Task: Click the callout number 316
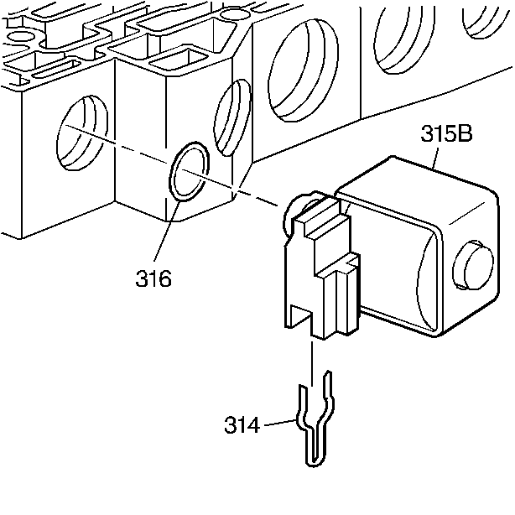153,278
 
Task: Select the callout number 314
242,424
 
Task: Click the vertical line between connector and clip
313,361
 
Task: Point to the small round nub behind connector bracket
304,200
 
